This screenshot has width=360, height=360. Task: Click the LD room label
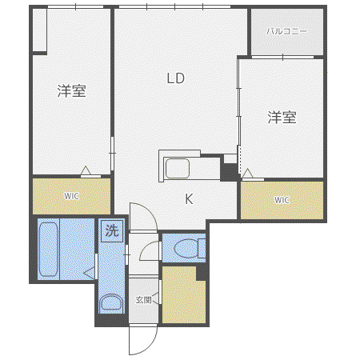[176, 78]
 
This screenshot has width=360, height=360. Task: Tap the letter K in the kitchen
[189, 199]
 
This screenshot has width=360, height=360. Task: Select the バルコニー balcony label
[286, 31]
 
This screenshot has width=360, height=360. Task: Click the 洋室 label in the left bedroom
[72, 91]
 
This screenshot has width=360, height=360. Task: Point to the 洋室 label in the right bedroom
[282, 117]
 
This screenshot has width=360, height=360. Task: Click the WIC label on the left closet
[71, 196]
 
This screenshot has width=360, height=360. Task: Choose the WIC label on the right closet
[282, 200]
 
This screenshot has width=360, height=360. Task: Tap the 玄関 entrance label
[143, 300]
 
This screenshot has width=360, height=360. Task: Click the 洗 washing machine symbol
[112, 230]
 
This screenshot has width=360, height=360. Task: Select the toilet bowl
[186, 248]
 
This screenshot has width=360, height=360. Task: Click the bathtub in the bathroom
[48, 250]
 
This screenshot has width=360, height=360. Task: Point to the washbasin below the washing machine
[112, 302]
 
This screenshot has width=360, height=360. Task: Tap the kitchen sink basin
[178, 168]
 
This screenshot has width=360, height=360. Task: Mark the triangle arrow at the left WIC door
[86, 170]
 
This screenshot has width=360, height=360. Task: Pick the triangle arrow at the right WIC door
[247, 173]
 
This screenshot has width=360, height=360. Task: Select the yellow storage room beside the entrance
[183, 294]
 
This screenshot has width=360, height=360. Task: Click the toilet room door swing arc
[146, 246]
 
